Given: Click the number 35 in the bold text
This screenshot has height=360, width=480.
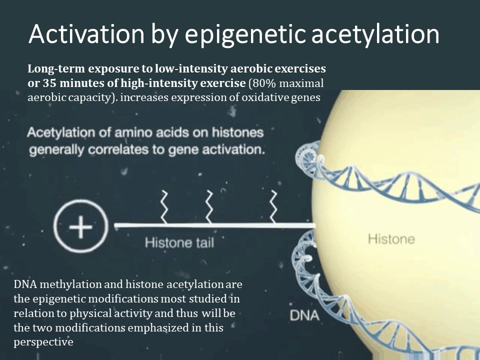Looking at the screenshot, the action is (49, 83).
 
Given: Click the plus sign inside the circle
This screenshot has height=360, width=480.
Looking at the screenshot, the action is (81, 227).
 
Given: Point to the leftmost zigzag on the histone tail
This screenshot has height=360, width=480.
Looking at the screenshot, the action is (164, 206).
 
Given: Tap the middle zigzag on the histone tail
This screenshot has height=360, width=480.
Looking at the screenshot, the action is (209, 206).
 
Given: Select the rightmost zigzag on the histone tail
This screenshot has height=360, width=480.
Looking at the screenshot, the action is (273, 206).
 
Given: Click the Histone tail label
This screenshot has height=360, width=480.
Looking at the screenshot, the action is (179, 243).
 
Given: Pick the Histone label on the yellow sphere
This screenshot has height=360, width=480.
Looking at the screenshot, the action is (391, 239).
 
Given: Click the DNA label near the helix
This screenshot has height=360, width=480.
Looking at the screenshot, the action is (304, 315).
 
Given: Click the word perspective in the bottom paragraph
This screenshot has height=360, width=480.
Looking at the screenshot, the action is (43, 342).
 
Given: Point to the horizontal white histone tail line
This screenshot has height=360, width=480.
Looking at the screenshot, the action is (214, 225).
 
